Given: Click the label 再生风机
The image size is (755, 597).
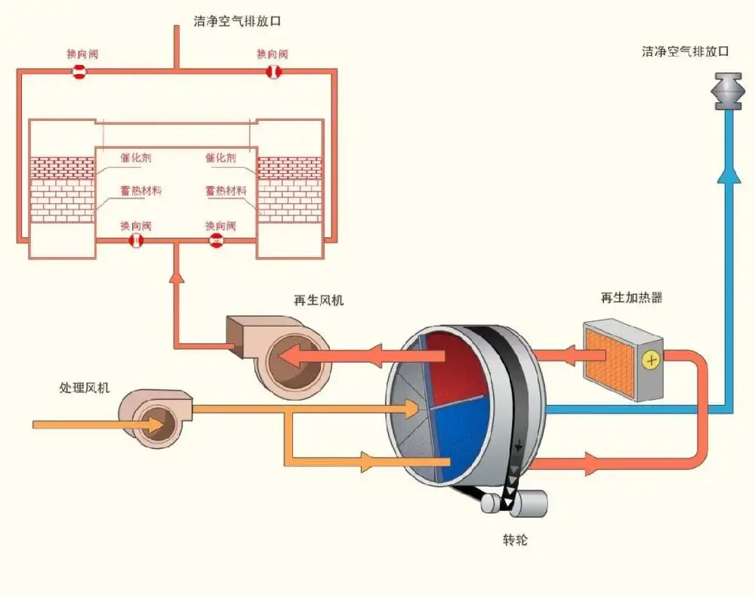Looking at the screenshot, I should coord(319,300).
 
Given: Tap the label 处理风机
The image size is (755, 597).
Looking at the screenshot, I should coord(85,388).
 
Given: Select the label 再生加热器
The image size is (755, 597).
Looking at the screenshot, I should coord(632,298).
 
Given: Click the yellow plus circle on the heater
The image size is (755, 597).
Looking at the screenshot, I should coord(650,360).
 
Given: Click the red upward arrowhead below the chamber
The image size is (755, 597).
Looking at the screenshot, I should coord(177,277).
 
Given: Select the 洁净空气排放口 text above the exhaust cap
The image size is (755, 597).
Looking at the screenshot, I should coord(686,52).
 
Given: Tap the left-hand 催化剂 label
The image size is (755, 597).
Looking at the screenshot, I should coord(136,158).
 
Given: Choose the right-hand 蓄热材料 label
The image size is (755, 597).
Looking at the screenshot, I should coord(226,191).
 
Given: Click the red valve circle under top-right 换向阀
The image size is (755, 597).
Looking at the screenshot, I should coord(273,72).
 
